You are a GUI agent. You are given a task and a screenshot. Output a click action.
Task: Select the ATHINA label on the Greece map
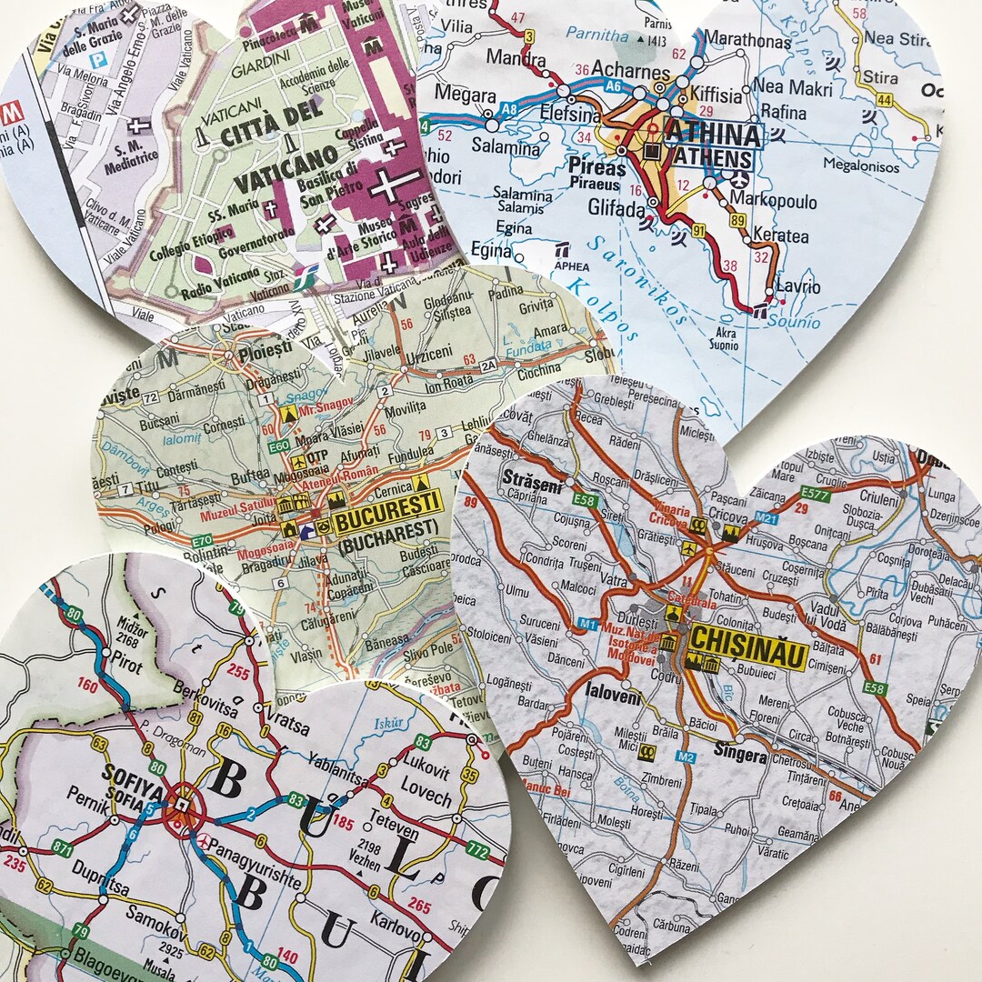click(x=713, y=135)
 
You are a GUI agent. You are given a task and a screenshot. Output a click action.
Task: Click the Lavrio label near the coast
click(x=798, y=287)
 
